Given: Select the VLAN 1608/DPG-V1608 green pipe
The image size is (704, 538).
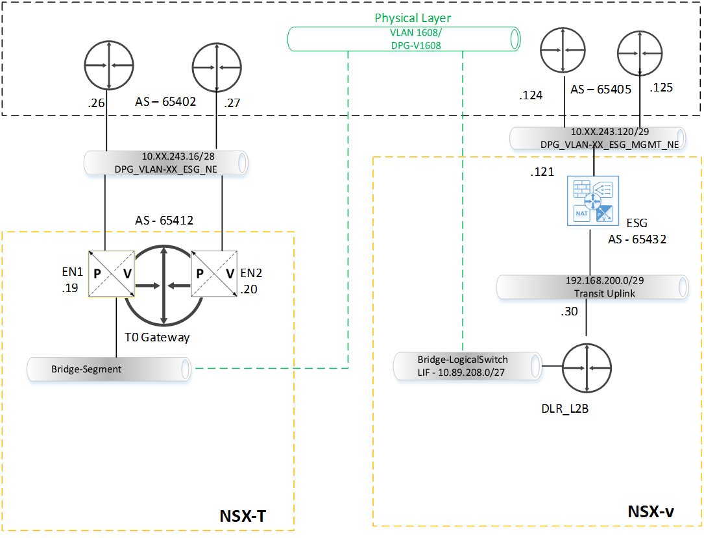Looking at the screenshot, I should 404,39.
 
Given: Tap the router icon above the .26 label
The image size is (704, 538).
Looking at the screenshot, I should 108,66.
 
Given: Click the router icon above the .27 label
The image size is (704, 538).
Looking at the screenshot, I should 216,66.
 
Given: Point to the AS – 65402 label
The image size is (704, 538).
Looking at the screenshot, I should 164,101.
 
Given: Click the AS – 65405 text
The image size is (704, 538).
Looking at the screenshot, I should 601,89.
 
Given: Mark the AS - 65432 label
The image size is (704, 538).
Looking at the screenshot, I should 638,239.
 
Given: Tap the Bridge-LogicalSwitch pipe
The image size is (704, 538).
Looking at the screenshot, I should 468,366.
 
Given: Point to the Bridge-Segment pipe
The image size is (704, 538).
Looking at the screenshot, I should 109,369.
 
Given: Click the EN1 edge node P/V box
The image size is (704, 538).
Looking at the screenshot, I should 111,273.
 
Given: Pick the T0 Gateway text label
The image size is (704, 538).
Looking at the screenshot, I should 157,337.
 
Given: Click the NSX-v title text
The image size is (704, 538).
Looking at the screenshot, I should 651,511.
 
